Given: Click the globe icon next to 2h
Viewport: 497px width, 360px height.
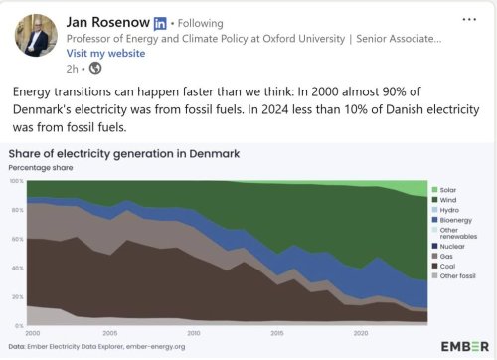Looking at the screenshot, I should (94, 68).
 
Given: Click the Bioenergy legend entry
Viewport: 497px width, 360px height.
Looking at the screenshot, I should (457, 221).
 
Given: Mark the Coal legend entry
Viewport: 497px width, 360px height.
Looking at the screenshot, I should (450, 268).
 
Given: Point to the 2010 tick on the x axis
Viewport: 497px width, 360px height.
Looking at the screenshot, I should (194, 333).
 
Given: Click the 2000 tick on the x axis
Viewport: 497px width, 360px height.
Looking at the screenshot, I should (32, 333).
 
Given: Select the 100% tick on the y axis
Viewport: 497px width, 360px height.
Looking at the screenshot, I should (16, 181).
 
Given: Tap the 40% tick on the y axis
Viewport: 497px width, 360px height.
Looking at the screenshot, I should (16, 268).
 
